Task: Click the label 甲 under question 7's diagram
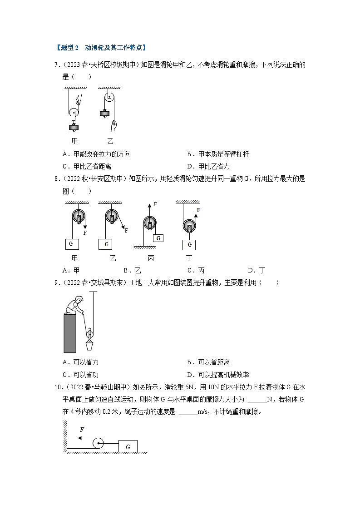click(75, 141)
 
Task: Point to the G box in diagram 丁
click(189, 245)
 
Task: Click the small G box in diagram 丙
click(158, 238)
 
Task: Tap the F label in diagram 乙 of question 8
click(126, 230)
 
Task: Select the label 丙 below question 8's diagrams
click(151, 258)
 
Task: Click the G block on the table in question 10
click(128, 447)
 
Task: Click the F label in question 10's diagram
click(82, 429)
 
